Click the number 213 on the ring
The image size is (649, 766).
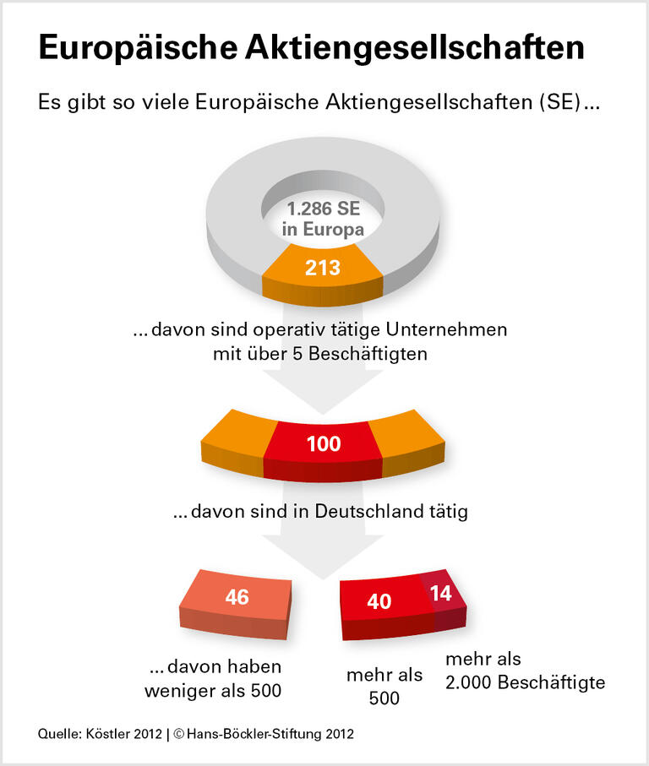[323, 269]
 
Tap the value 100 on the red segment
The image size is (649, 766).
[324, 443]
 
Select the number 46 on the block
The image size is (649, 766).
[237, 597]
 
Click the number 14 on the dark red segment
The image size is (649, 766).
[441, 593]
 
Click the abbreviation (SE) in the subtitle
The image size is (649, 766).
[562, 103]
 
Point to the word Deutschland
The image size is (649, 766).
[379, 512]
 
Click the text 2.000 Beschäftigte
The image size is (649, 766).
[525, 682]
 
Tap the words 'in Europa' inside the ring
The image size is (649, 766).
[323, 229]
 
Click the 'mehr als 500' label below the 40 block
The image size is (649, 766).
[384, 687]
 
